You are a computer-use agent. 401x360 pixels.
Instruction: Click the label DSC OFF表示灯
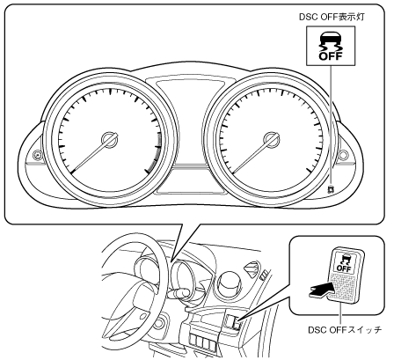pyautogui.click(x=332, y=17)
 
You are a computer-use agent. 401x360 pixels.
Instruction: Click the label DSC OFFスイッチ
pyautogui.click(x=345, y=330)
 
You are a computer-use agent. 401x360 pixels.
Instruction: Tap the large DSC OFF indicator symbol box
pyautogui.click(x=331, y=46)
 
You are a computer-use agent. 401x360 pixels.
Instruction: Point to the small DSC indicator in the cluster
pyautogui.click(x=332, y=189)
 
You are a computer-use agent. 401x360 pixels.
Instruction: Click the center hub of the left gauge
pyautogui.click(x=110, y=140)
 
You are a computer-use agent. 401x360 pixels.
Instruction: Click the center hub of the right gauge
pyautogui.click(x=272, y=139)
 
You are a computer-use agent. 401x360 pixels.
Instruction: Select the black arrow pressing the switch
pyautogui.click(x=321, y=290)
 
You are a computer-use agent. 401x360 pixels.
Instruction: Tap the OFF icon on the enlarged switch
pyautogui.click(x=344, y=262)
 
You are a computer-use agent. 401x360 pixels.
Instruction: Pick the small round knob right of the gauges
pyautogui.click(x=343, y=154)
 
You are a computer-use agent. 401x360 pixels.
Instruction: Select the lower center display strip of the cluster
pyautogui.click(x=191, y=191)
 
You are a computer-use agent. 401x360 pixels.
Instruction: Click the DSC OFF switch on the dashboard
pyautogui.click(x=232, y=321)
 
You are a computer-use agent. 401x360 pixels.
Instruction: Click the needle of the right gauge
pyautogui.click(x=252, y=154)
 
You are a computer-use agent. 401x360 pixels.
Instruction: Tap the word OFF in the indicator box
pyautogui.click(x=331, y=55)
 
